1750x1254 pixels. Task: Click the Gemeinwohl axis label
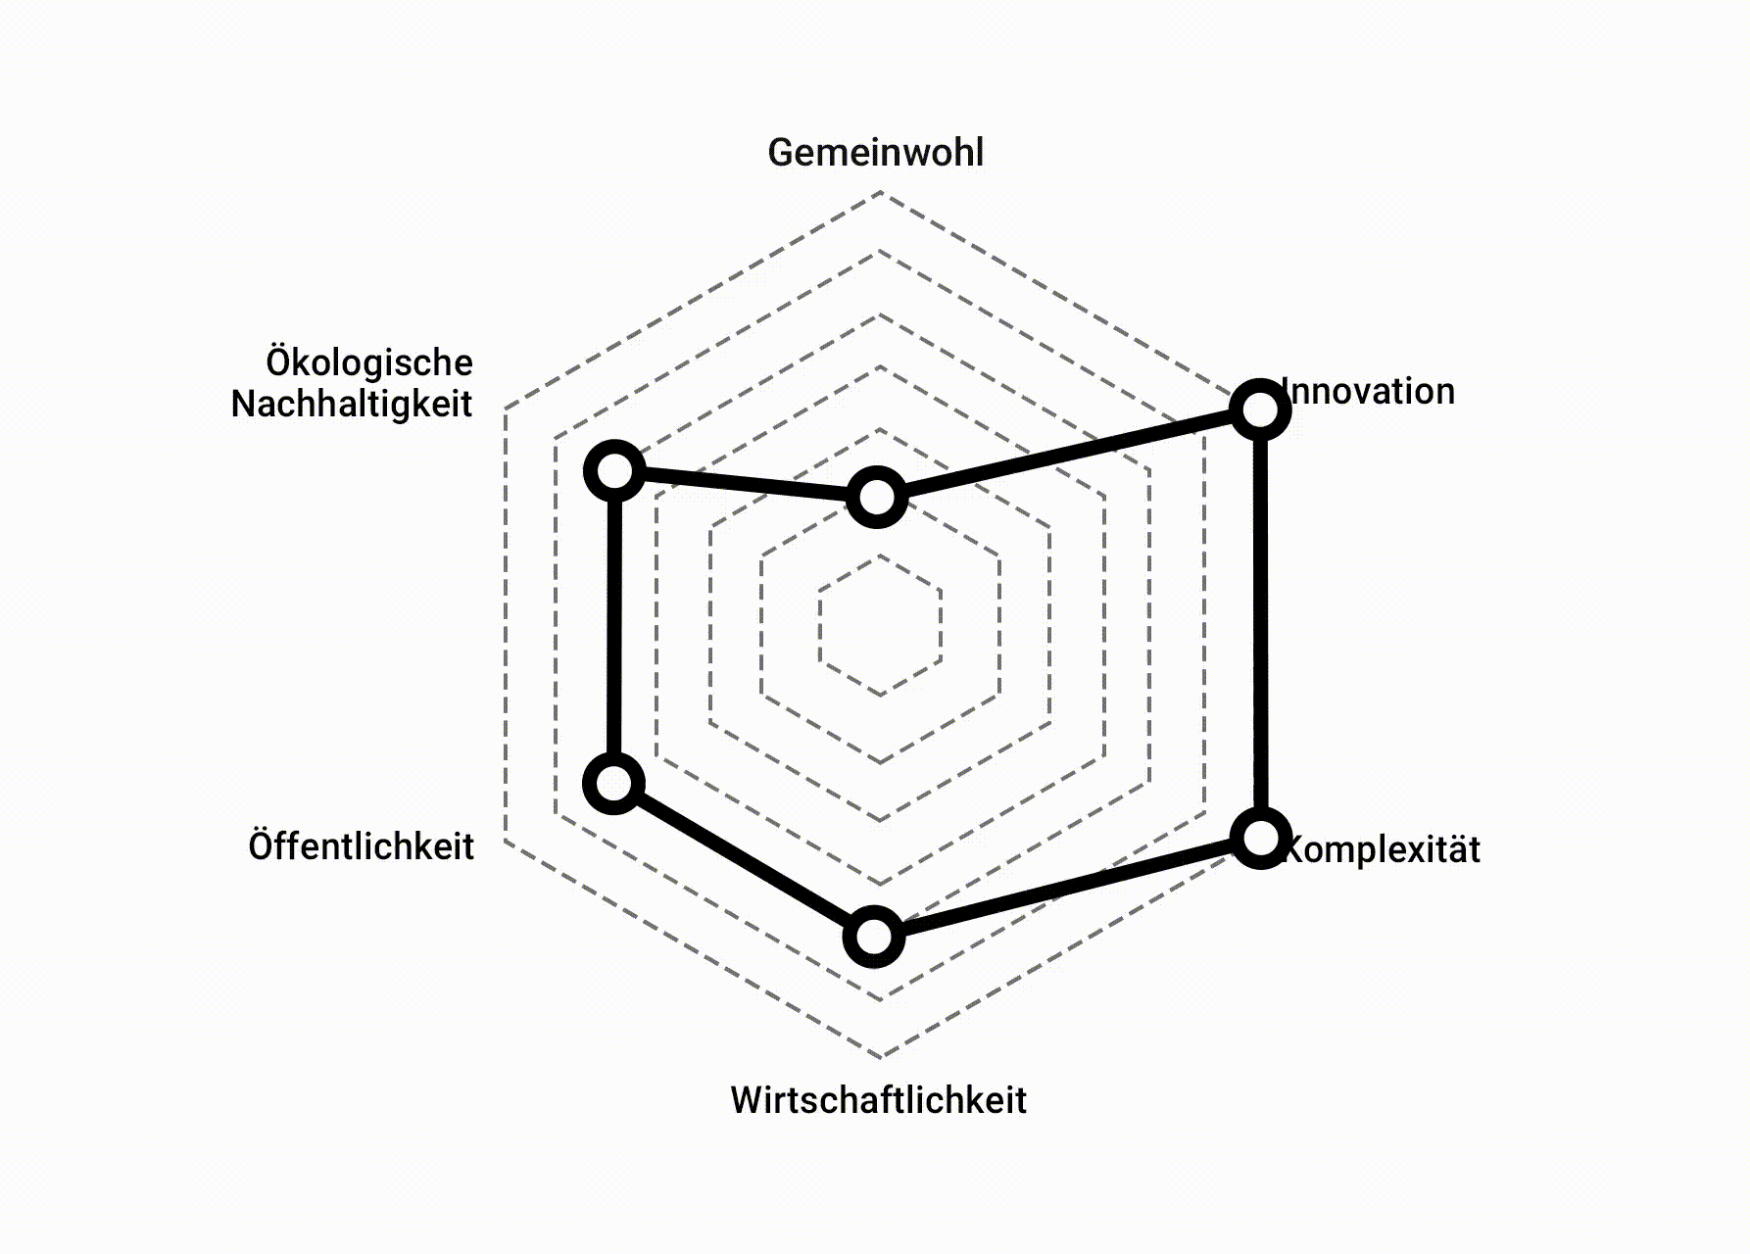click(x=875, y=153)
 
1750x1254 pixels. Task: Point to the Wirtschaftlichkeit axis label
click(x=878, y=1100)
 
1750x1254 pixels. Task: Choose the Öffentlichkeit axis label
click(x=361, y=846)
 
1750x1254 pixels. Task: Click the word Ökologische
click(x=369, y=362)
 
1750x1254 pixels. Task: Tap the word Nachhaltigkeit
click(x=352, y=404)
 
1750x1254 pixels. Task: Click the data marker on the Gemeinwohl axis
click(x=876, y=497)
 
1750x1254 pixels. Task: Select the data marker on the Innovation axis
click(x=1259, y=408)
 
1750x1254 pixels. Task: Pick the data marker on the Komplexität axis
click(x=1260, y=838)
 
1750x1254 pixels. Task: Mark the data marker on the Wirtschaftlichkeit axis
click(x=874, y=936)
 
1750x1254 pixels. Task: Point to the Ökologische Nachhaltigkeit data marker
click(x=614, y=472)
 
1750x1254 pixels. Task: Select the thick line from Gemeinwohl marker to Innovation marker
click(x=1068, y=453)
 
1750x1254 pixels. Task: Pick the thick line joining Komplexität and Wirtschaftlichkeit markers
click(x=1067, y=887)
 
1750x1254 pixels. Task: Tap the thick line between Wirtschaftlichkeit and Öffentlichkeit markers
click(x=744, y=859)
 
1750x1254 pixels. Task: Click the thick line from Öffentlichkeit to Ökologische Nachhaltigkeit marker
click(x=614, y=627)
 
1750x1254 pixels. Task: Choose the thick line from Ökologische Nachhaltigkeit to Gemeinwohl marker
click(x=745, y=485)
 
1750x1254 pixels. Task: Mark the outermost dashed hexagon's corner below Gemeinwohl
click(x=881, y=193)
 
